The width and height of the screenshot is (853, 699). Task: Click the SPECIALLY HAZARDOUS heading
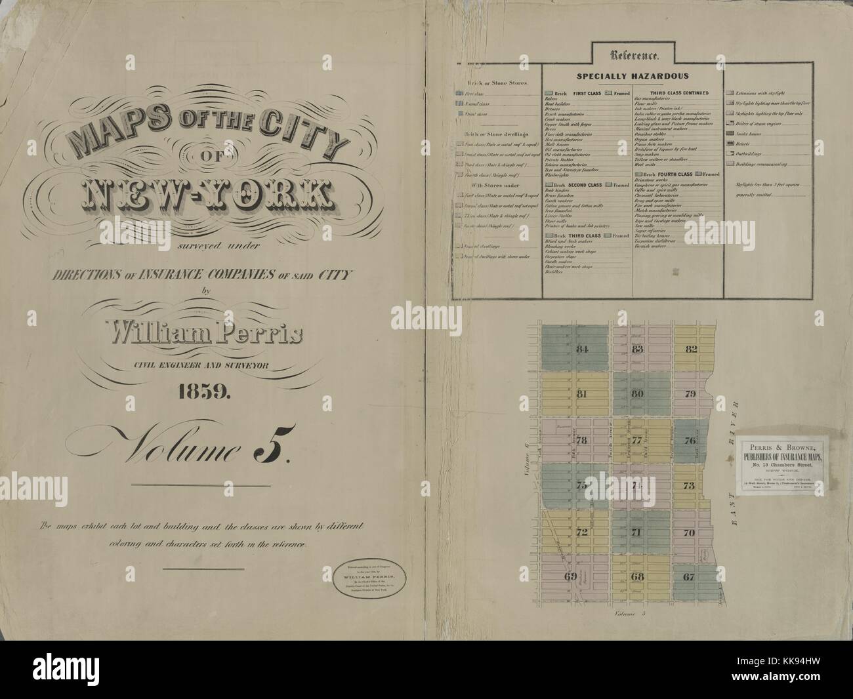(x=631, y=76)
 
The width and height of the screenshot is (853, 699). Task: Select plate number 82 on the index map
(x=690, y=349)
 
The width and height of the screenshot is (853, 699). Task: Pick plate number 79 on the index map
(x=690, y=394)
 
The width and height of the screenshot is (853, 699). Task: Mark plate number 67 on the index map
(x=688, y=577)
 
